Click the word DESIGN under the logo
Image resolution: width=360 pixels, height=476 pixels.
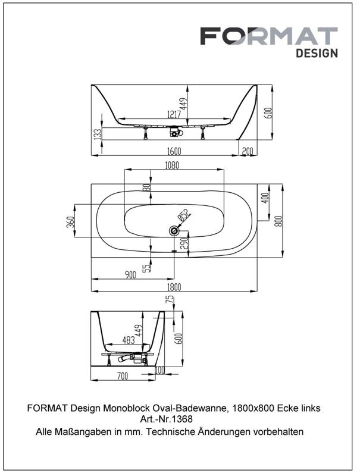pyautogui.click(x=317, y=53)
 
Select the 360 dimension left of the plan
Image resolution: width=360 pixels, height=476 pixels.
pyautogui.click(x=70, y=223)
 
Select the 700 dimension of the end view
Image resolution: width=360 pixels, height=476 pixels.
pyautogui.click(x=123, y=376)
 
